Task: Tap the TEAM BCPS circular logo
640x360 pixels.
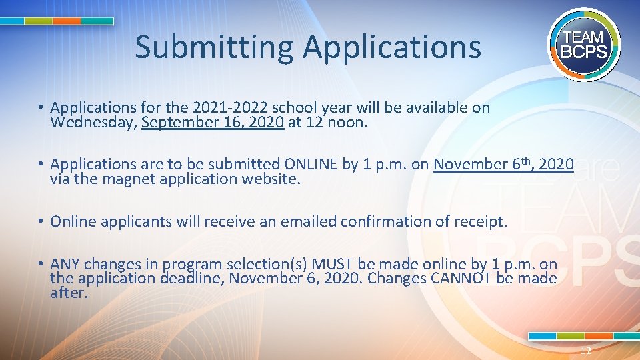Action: (x=585, y=45)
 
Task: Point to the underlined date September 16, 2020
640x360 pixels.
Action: (x=213, y=123)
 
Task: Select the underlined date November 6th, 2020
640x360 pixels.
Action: (x=503, y=164)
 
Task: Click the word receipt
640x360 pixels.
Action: (x=481, y=221)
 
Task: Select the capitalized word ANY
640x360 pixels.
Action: (x=65, y=264)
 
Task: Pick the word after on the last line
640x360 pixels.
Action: (x=69, y=293)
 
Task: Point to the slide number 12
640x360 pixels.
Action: (x=585, y=351)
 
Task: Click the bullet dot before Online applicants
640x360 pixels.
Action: (x=41, y=221)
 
